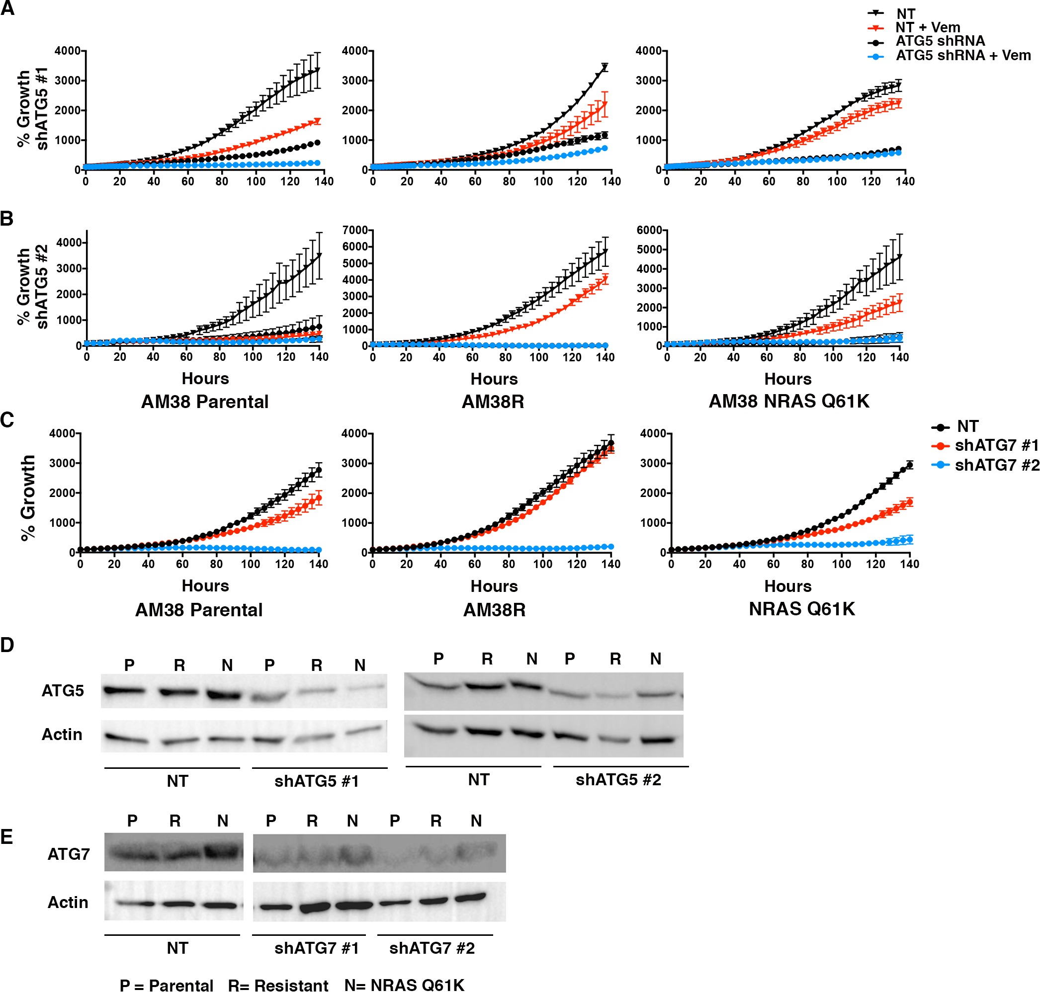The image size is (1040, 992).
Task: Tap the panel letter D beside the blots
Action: pyautogui.click(x=7, y=645)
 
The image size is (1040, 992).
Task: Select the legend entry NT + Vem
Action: pyautogui.click(x=927, y=27)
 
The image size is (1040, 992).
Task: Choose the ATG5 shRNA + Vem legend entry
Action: pyautogui.click(x=963, y=56)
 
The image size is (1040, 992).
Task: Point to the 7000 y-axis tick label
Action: pyautogui.click(x=354, y=230)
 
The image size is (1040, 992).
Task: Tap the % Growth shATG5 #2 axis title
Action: pyautogui.click(x=32, y=286)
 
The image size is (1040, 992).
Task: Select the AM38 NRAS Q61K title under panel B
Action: pyautogui.click(x=788, y=402)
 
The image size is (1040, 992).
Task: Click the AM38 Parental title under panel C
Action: pyautogui.click(x=199, y=610)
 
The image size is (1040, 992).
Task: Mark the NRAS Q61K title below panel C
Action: pyautogui.click(x=801, y=609)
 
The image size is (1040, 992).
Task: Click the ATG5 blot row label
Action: pyautogui.click(x=63, y=691)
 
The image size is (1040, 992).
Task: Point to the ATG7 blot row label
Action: pyautogui.click(x=68, y=854)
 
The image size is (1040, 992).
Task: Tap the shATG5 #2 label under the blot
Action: pyautogui.click(x=618, y=779)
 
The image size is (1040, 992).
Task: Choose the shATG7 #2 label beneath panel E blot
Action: pyautogui.click(x=432, y=948)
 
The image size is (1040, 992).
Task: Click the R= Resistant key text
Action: pyautogui.click(x=278, y=985)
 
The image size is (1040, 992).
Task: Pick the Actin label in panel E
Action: pyautogui.click(x=68, y=902)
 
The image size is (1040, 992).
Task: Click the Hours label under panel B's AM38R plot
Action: pyautogui.click(x=494, y=379)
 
